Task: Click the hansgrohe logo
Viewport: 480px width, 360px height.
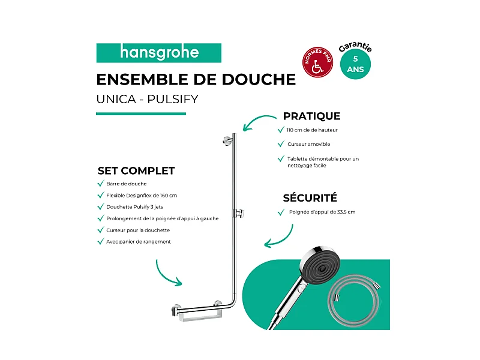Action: [x=159, y=53]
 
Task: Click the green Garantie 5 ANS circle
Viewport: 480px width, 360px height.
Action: [x=355, y=62]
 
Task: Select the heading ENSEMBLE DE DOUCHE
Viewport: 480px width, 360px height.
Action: [x=196, y=80]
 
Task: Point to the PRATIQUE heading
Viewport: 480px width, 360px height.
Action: [x=311, y=116]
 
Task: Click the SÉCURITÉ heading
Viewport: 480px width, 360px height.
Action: [x=310, y=198]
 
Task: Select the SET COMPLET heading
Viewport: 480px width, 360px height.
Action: [x=136, y=170]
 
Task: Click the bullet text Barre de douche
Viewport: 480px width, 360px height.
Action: [x=127, y=184]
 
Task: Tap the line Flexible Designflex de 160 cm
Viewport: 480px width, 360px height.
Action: [x=142, y=196]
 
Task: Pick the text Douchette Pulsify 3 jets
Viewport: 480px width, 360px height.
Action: [x=135, y=207]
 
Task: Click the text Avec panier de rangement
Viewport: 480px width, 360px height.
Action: [x=139, y=242]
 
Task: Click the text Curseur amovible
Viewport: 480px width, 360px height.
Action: [x=308, y=144]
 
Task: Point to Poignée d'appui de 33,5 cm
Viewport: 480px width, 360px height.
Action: [x=322, y=212]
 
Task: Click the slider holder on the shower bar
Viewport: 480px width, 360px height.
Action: [x=242, y=212]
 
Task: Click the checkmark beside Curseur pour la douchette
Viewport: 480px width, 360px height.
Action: [x=100, y=230]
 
